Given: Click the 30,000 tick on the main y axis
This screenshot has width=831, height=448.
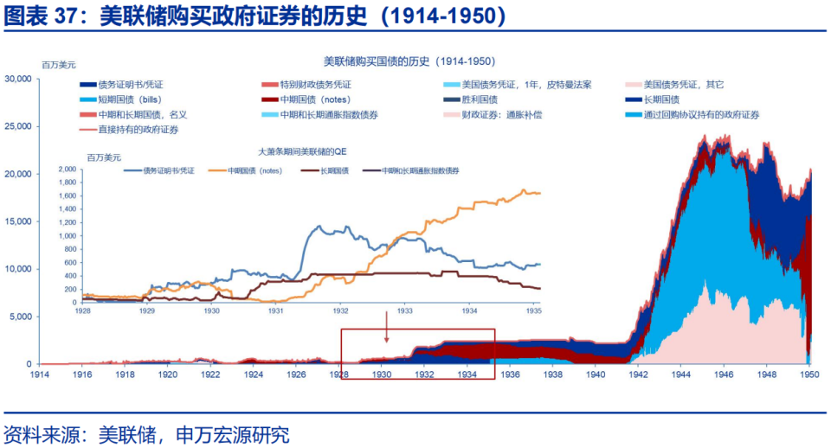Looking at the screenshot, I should [18, 79].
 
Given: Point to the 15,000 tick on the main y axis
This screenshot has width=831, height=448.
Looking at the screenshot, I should [18, 221].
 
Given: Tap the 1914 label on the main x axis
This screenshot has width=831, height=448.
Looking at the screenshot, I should [40, 375].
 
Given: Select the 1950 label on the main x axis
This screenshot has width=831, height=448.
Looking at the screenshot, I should [809, 375].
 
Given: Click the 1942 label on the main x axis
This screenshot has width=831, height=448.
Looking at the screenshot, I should [639, 375].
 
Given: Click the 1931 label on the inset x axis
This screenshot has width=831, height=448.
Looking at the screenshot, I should [275, 309].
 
